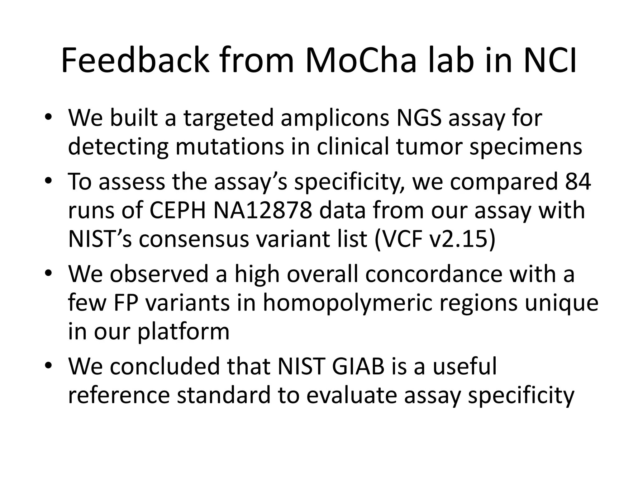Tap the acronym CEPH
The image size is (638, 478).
point(178,210)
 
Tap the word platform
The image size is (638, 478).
point(183,332)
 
